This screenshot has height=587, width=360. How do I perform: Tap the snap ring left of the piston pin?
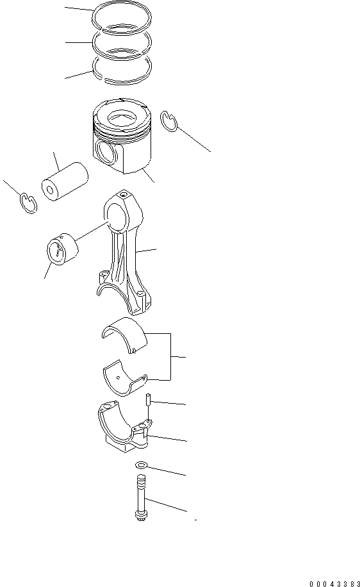[x=26, y=204]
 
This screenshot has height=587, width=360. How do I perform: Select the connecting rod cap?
[x=122, y=429]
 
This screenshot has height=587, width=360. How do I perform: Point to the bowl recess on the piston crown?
[x=124, y=117]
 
